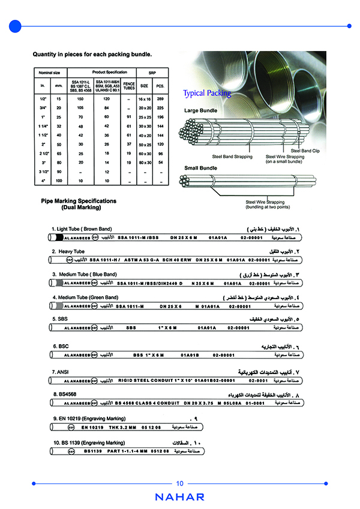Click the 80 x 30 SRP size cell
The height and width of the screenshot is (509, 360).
(x=144, y=162)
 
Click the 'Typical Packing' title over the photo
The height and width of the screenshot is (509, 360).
(x=207, y=94)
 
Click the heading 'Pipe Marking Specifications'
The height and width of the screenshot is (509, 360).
(x=79, y=201)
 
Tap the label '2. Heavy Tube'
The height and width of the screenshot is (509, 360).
(x=68, y=252)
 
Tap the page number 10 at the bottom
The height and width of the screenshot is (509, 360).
(x=180, y=484)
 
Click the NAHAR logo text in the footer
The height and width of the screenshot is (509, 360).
(x=179, y=497)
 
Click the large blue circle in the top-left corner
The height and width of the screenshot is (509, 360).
(x=16, y=26)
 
